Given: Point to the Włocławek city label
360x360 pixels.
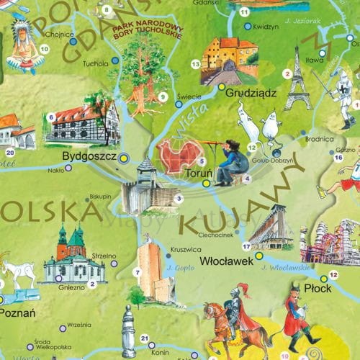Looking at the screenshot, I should coord(229,261).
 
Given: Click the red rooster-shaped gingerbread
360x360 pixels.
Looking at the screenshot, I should coord(179,156).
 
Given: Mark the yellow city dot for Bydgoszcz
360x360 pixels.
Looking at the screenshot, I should coord(123,156).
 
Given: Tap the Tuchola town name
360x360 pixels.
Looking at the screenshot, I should coord(94,62).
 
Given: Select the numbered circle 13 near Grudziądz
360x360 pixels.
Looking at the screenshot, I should coord(195,64).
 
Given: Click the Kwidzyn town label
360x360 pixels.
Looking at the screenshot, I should coord(266,26).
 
